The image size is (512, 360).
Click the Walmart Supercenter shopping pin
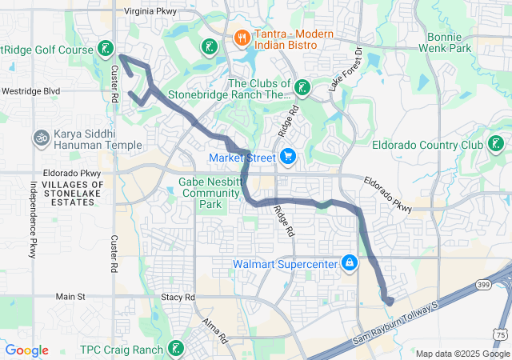tap(350, 263)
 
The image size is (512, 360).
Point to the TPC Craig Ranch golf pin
tap(175, 349)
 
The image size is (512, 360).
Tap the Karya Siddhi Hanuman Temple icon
tap(40, 138)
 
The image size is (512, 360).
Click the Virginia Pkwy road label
tap(151, 12)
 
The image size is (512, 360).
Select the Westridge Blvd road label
tap(30, 91)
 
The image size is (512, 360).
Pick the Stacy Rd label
tap(178, 297)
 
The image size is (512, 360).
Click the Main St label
tap(70, 297)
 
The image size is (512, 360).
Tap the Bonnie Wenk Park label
tap(444, 42)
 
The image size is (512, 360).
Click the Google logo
tap(27, 350)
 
